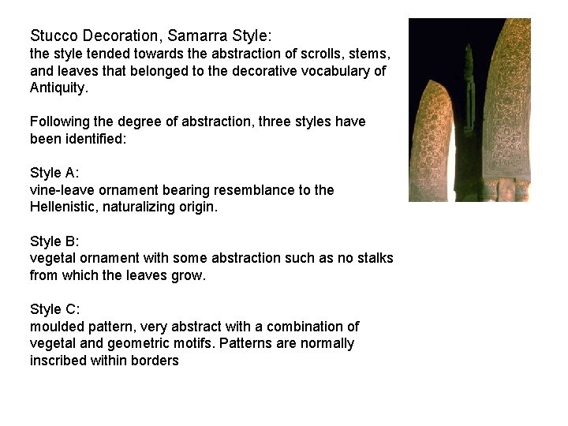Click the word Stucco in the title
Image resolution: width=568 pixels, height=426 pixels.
pyautogui.click(x=52, y=36)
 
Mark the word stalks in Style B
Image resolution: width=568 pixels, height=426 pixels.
pyautogui.click(x=373, y=258)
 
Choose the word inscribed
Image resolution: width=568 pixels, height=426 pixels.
pyautogui.click(x=58, y=361)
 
